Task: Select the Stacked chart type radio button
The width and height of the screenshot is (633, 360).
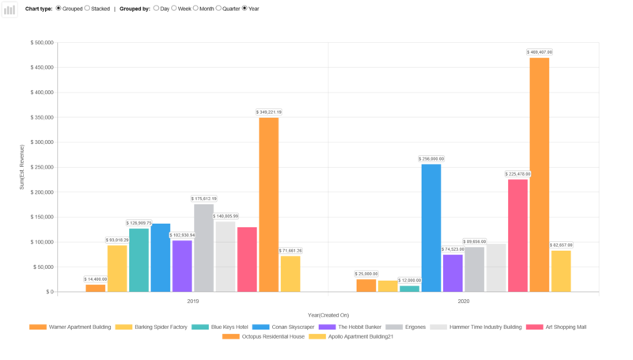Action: click(87, 9)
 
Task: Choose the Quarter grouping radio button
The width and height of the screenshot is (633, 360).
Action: click(218, 9)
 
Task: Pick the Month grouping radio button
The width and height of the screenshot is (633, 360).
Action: click(195, 9)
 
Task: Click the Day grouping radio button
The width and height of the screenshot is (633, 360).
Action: click(156, 9)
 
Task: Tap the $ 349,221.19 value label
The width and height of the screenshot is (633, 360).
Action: click(269, 112)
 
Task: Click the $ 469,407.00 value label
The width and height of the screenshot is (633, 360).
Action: click(540, 52)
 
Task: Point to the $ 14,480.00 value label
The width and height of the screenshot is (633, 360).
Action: click(96, 279)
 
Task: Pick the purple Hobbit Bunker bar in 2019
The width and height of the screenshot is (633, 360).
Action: click(182, 266)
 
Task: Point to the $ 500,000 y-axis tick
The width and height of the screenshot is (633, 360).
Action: click(42, 43)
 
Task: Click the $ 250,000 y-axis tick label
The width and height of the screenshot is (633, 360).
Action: click(42, 167)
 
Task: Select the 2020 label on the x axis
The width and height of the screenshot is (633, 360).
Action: click(463, 301)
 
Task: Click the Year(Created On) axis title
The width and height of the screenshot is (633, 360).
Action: click(328, 316)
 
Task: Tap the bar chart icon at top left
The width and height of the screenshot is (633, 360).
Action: click(10, 9)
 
